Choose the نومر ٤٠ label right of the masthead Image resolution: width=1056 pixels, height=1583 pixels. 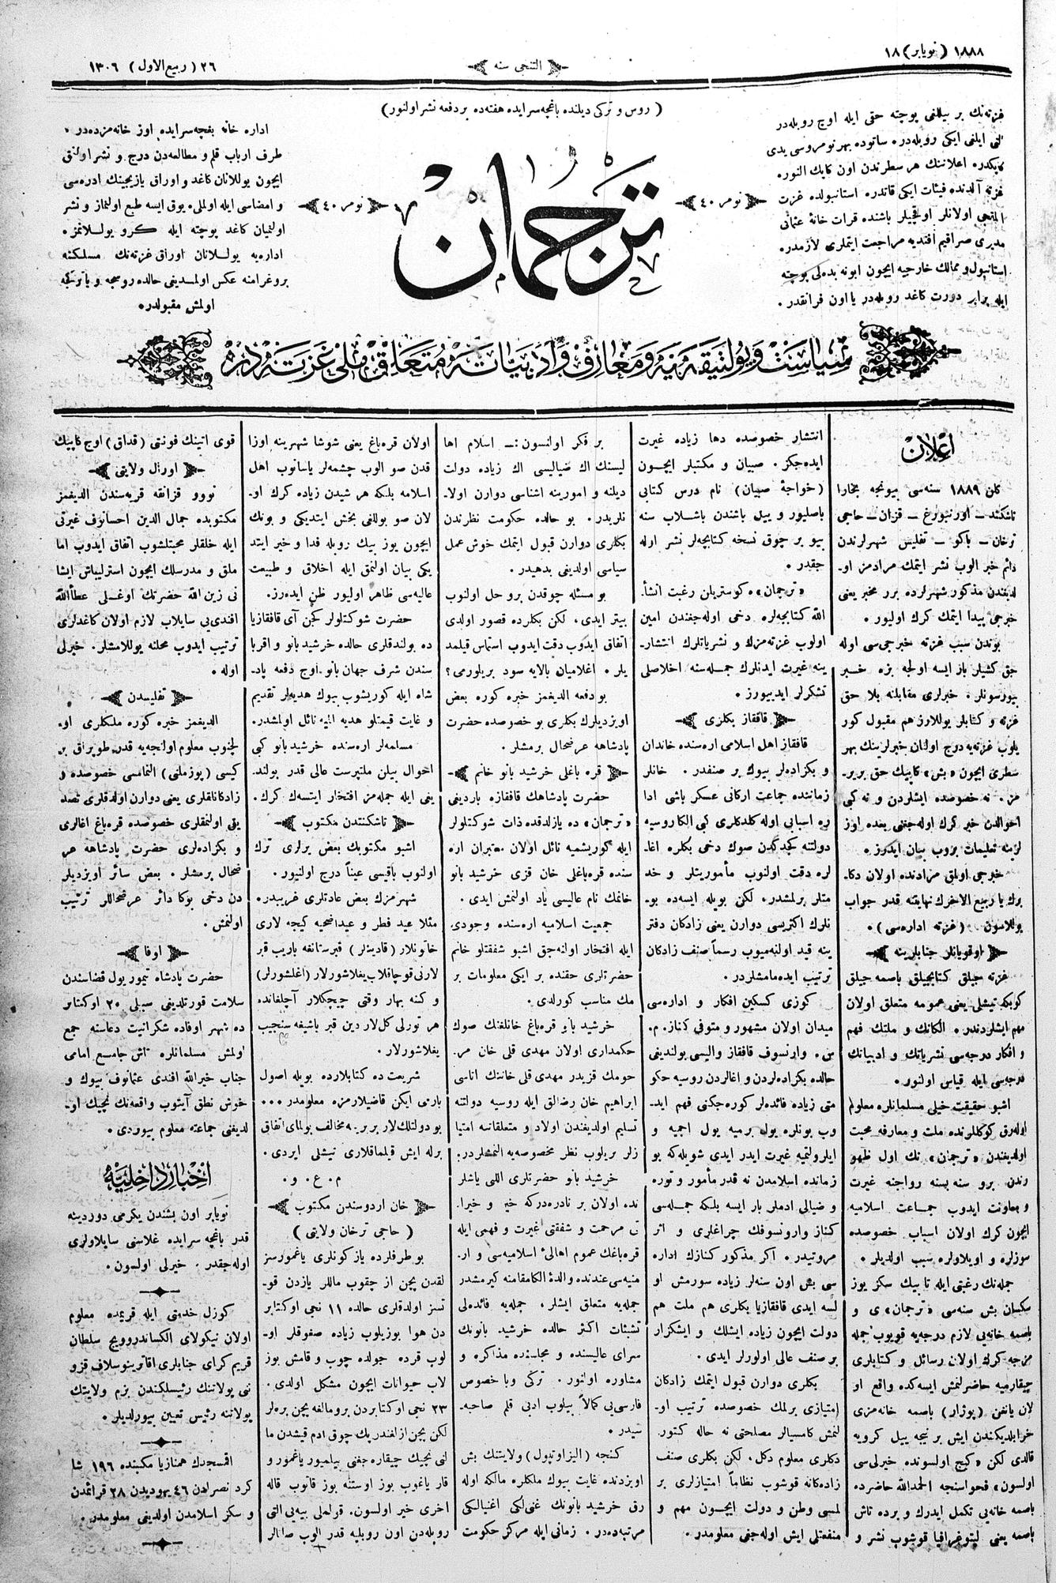click(711, 201)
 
